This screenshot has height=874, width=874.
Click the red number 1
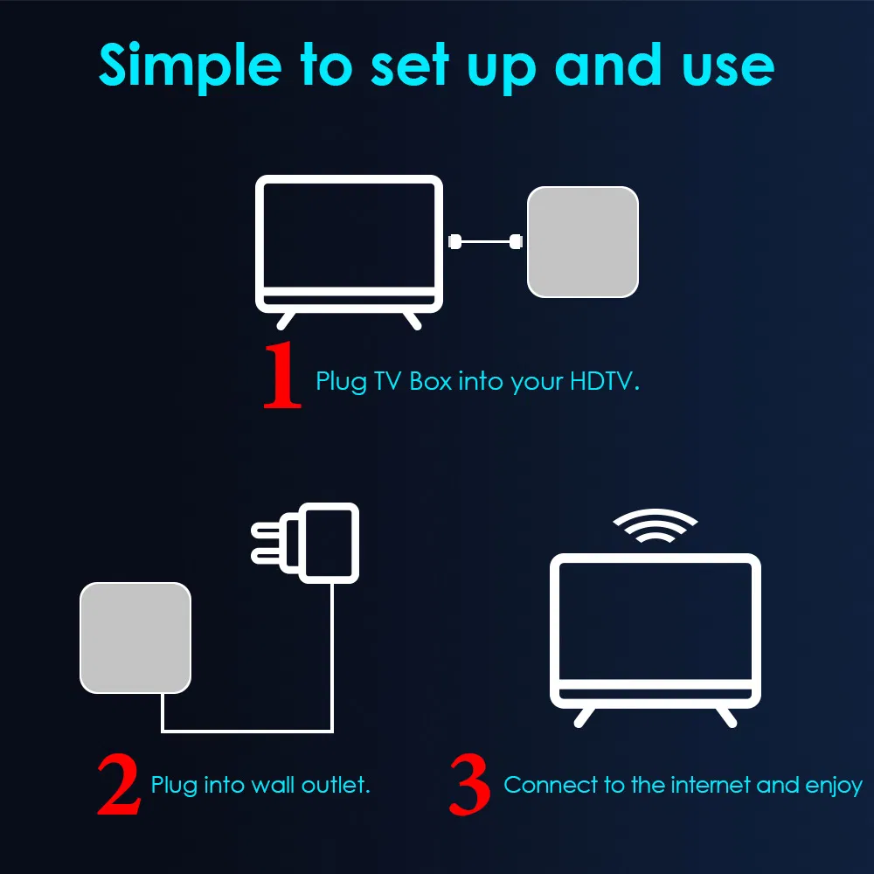(282, 376)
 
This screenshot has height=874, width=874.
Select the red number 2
(118, 784)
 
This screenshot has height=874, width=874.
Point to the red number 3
(470, 784)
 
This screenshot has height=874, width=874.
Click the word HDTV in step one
(604, 382)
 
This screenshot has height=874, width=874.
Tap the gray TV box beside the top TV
(582, 241)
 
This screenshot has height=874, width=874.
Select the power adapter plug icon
(328, 542)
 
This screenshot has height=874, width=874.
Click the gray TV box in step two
(135, 637)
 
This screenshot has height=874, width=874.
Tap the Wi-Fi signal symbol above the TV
(655, 525)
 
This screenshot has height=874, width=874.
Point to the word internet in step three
(711, 784)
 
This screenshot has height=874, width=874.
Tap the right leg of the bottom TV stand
(724, 716)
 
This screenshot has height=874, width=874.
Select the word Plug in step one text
(341, 383)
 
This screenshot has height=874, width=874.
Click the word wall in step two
(274, 784)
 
